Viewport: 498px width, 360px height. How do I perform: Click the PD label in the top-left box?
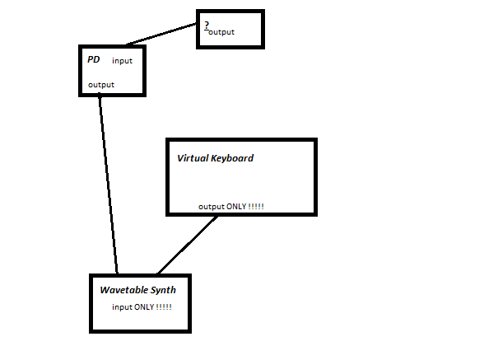coord(93,60)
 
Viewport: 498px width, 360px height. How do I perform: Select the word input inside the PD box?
coord(122,61)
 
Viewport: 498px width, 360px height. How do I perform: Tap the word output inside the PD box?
coord(101,85)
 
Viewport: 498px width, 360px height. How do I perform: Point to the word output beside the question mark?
coord(221,32)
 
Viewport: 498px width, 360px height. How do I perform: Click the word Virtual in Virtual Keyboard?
coord(193,158)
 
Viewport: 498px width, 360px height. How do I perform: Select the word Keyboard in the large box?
coord(233,158)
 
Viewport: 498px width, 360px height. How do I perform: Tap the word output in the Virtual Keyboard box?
coord(212,206)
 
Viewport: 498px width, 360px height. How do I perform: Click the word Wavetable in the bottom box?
coord(124,290)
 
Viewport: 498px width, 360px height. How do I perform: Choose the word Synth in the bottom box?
coord(163,290)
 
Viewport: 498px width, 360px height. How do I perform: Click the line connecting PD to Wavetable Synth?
coord(108,185)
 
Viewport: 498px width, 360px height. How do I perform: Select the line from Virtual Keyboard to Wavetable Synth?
coord(188,244)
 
